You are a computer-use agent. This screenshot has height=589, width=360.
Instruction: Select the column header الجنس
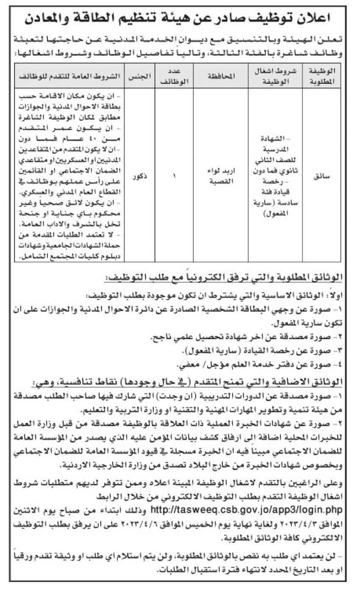[x=140, y=76]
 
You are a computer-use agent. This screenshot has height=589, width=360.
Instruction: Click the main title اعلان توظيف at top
[x=180, y=18]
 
